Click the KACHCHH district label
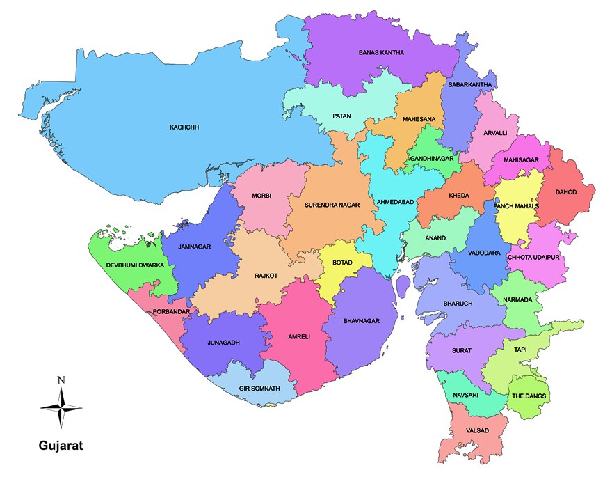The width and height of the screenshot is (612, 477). point(184,128)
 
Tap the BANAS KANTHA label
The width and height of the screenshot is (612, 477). point(380,52)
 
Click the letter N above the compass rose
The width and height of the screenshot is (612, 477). point(61,380)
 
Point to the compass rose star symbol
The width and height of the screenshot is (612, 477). point(61,407)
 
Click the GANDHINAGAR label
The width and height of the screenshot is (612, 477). point(431,159)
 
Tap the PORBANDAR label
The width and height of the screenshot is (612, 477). point(171,312)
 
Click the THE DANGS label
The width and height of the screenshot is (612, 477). point(529,396)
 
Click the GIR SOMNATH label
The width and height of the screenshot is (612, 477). point(259,388)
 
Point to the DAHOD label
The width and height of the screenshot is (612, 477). point(565,192)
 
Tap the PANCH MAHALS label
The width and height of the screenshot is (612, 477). point(516,207)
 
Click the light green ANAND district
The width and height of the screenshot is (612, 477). point(435,237)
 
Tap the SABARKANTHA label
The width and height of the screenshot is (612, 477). point(470,85)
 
